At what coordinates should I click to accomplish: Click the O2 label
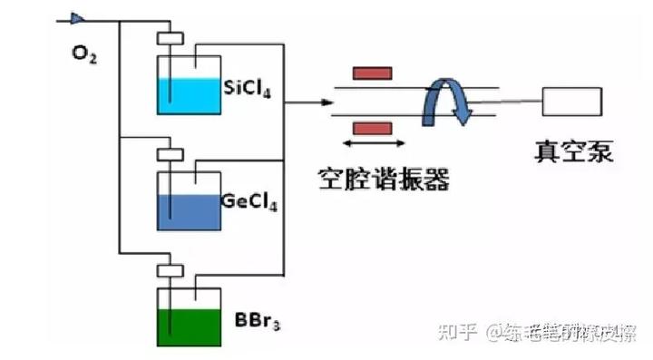[x=84, y=54]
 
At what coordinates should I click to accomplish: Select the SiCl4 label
[x=249, y=88]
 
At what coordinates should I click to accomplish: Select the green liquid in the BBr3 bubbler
[x=189, y=327]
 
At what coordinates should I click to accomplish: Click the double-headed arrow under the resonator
[x=374, y=143]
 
